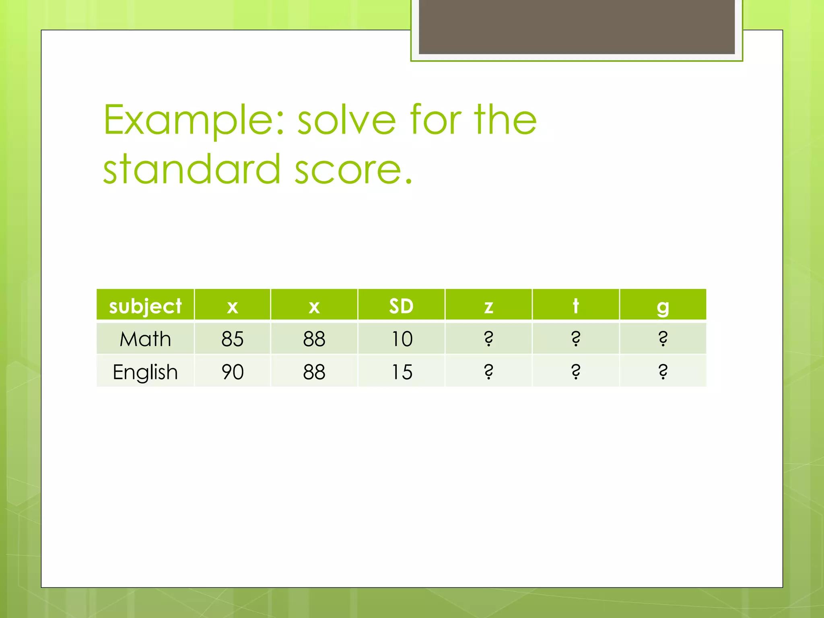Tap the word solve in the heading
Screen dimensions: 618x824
[346, 120]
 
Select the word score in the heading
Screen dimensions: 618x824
[353, 170]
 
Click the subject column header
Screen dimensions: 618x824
[145, 306]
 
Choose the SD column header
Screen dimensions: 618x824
[401, 306]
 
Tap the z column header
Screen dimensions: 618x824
[488, 306]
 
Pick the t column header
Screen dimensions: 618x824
[576, 306]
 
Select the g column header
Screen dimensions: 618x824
[663, 306]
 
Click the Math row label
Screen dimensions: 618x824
[145, 339]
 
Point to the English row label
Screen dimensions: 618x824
[145, 372]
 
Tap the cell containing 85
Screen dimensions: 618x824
[233, 339]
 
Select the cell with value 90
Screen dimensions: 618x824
[233, 372]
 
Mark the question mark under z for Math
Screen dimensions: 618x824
[488, 339]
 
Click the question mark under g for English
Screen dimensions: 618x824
[663, 372]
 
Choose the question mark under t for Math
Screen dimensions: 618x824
[576, 339]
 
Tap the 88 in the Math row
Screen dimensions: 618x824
[314, 339]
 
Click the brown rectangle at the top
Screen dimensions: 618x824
[577, 27]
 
